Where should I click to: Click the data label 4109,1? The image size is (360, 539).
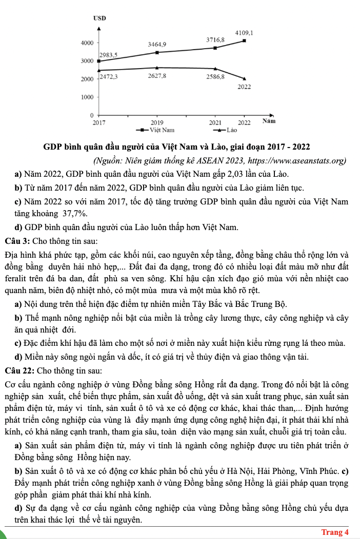pos(244,33)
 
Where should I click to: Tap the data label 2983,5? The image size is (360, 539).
pos(108,54)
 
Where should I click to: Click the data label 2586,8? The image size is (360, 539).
pos(215,76)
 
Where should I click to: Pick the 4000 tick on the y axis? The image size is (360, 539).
pos(87,43)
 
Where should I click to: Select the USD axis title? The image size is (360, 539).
pos(99,18)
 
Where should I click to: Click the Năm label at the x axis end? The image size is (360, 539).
pos(269,122)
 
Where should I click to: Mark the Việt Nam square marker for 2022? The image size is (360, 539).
pos(244,40)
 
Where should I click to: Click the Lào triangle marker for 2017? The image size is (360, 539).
pos(99,70)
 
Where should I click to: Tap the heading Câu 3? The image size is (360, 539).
pos(18,240)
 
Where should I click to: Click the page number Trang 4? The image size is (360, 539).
pos(335,532)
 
